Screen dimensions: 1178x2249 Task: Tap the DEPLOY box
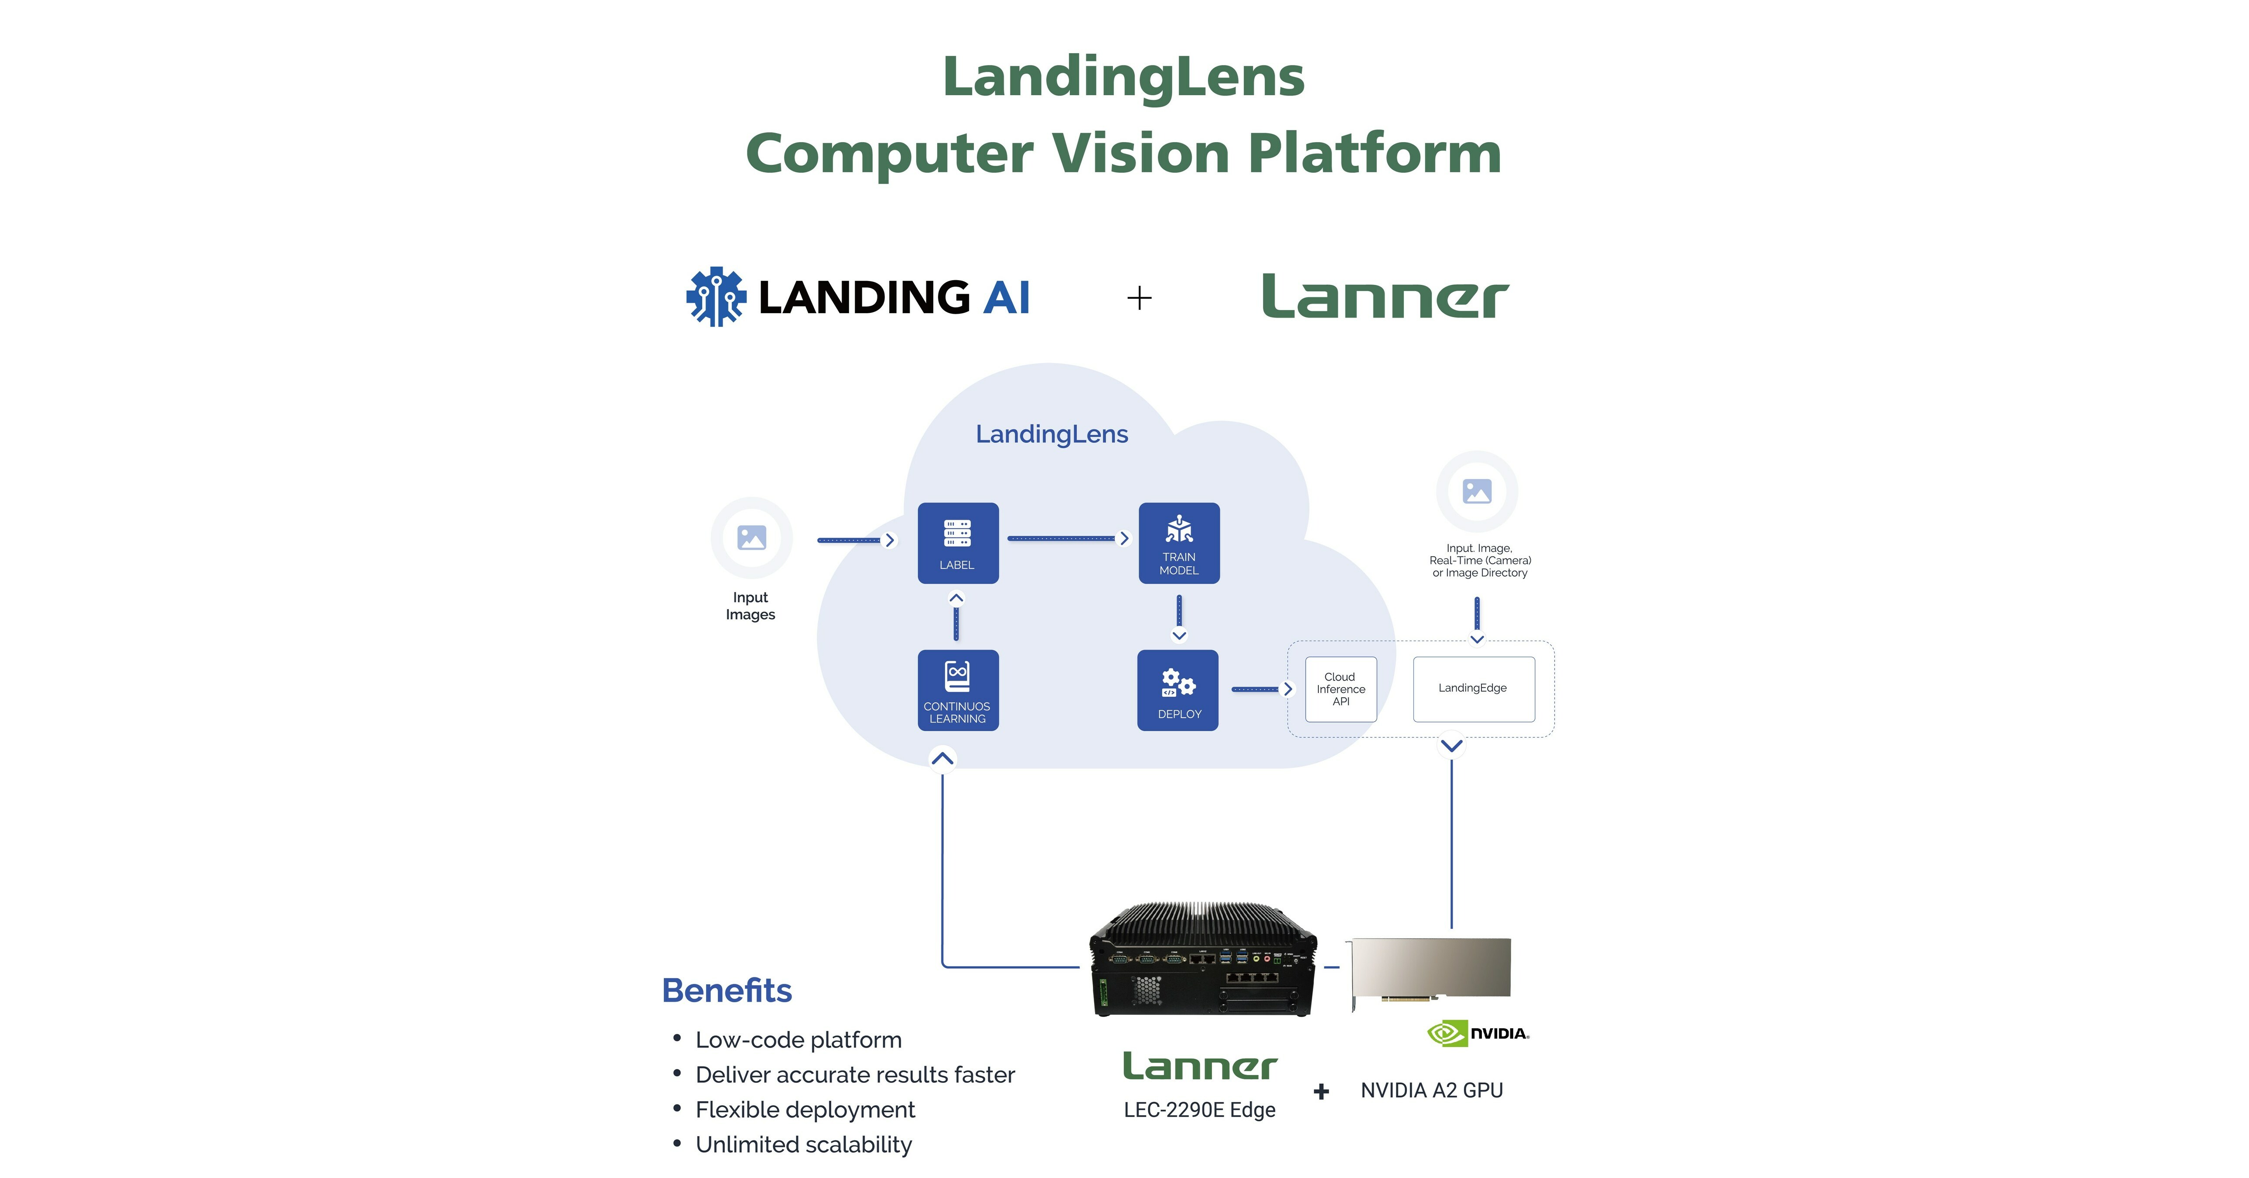pyautogui.click(x=1178, y=690)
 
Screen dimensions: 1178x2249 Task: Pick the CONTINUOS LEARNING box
pyautogui.click(x=958, y=690)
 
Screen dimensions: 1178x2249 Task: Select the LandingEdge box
pyautogui.click(x=1473, y=689)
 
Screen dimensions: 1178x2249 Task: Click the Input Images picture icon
pyautogui.click(x=751, y=537)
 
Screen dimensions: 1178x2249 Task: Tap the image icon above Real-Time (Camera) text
pyautogui.click(x=1476, y=491)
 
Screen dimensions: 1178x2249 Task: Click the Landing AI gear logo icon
pyautogui.click(x=716, y=297)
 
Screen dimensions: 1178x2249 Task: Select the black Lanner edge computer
pyautogui.click(x=1202, y=961)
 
